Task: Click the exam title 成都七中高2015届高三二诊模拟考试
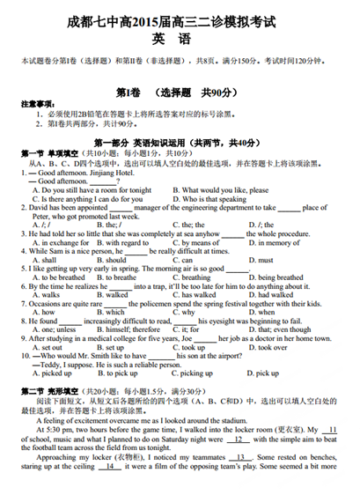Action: pyautogui.click(x=180, y=17)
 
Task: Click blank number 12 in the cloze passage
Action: pyautogui.click(x=237, y=438)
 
